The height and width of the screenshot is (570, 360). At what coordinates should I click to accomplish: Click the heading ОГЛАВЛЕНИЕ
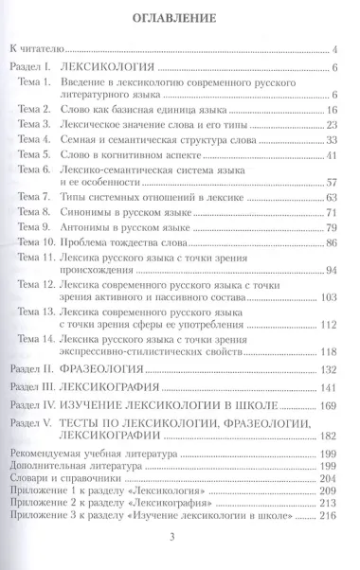pos(179,16)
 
